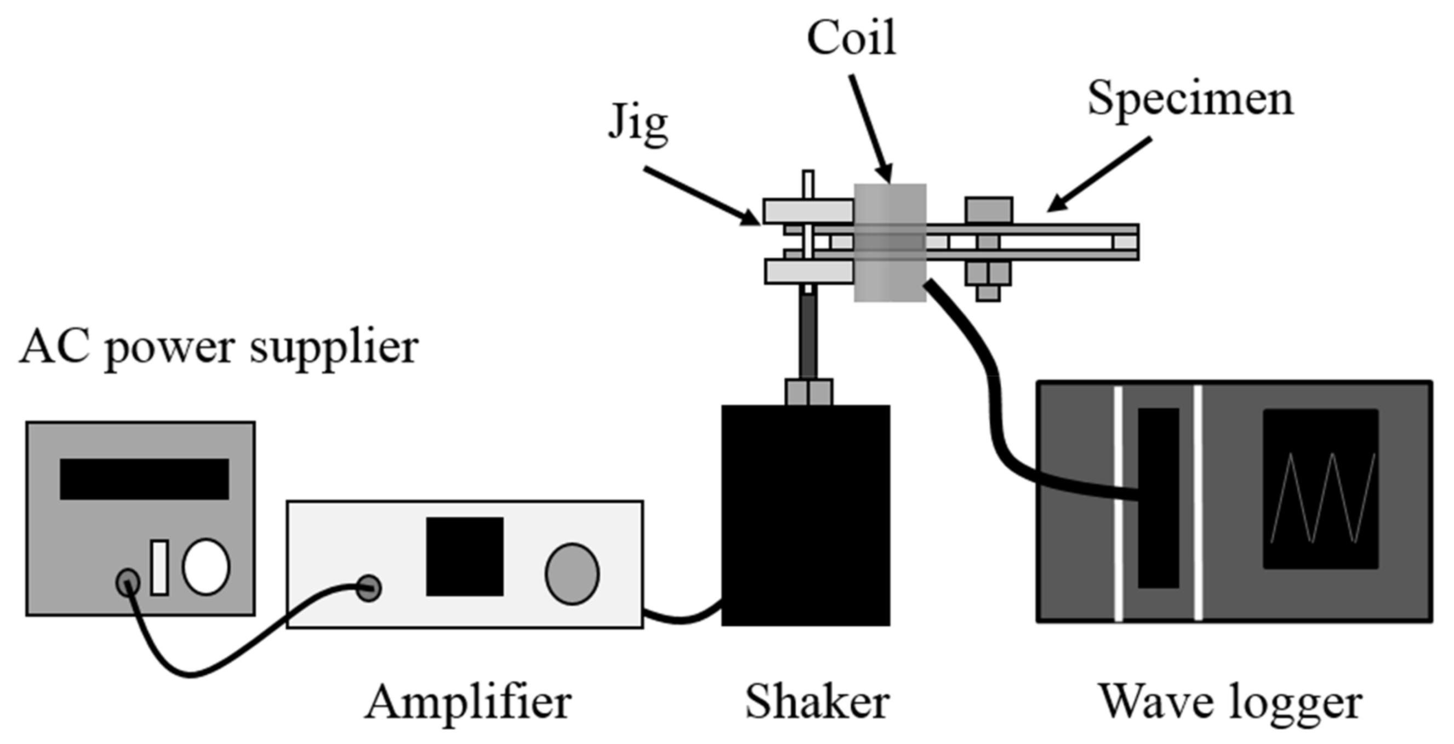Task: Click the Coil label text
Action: tap(851, 38)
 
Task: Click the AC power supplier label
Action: tap(219, 348)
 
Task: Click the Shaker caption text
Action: tap(817, 702)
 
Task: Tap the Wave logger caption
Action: tap(1230, 703)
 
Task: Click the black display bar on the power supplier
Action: tap(144, 478)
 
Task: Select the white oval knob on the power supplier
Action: tap(206, 567)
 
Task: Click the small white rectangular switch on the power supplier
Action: tap(159, 567)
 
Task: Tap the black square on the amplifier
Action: tap(464, 556)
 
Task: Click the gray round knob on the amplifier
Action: tap(572, 574)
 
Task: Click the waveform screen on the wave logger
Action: tap(1320, 489)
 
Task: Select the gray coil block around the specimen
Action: tap(889, 243)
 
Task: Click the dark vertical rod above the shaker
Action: tap(808, 336)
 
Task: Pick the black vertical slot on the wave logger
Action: tap(1158, 497)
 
